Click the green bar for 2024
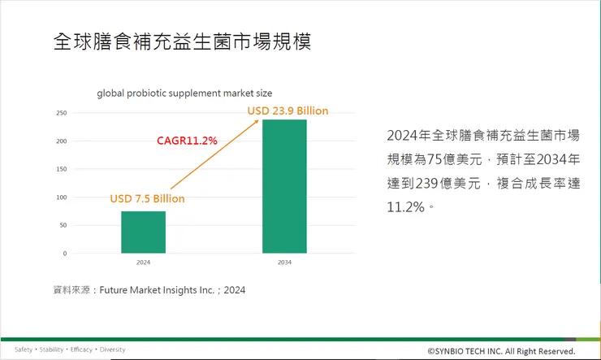[144, 232]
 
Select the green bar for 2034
[284, 186]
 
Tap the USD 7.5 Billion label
[147, 199]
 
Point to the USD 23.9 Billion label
[288, 111]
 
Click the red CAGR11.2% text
[187, 141]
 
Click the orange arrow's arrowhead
[257, 121]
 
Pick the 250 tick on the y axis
[62, 113]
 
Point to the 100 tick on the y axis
[62, 197]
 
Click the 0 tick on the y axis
[64, 254]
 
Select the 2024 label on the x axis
[144, 263]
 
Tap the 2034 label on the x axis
[284, 263]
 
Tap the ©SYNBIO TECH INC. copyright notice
[501, 351]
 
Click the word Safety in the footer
[24, 349]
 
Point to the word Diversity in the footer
[113, 349]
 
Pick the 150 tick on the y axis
[62, 169]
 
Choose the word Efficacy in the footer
[81, 349]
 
